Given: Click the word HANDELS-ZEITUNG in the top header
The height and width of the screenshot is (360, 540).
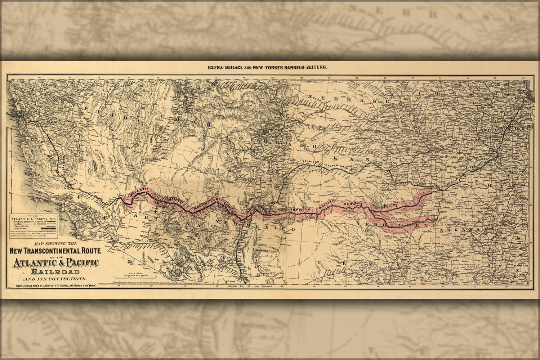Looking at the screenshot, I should pos(308,67).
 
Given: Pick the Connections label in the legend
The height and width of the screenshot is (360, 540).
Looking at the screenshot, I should pos(21,226).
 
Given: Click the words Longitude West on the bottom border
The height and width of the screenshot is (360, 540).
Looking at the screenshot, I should pos(236,287).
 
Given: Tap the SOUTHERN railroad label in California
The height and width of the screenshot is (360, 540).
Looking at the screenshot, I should pos(62,162).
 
